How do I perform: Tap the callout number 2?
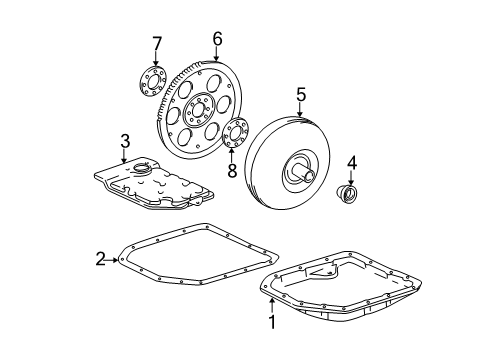[100, 259]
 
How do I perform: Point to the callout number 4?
[352, 161]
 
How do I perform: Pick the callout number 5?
[300, 95]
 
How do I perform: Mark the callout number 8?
[231, 170]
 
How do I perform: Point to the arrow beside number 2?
[113, 260]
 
